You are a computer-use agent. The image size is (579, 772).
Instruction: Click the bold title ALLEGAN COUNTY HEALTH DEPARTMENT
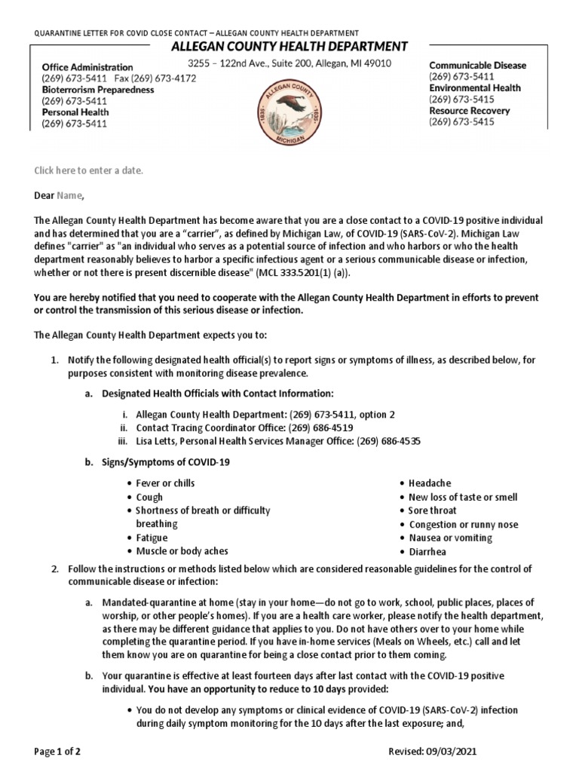289,47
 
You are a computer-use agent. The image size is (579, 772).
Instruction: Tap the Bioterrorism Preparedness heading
97,90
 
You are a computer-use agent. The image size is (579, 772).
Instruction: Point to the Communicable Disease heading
477,66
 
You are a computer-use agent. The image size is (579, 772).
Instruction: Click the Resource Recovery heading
469,111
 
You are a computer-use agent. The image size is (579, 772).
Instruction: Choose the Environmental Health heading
474,88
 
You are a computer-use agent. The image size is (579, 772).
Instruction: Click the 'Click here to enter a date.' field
88,170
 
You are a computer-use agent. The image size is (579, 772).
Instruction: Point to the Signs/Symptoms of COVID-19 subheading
166,462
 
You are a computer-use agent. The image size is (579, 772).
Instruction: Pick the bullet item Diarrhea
427,551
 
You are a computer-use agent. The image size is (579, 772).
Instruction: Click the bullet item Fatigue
152,538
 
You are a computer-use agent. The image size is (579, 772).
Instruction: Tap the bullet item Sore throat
433,510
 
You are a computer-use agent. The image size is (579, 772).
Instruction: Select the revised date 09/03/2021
451,752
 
